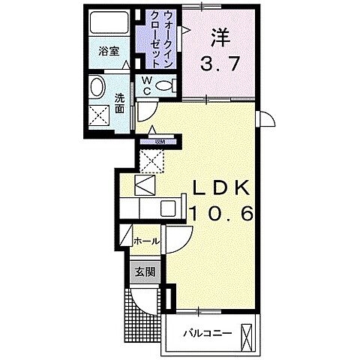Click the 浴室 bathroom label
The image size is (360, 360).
(x=109, y=52)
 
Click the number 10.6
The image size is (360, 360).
(x=222, y=214)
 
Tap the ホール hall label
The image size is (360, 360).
(x=145, y=241)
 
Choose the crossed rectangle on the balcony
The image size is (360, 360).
(x=247, y=334)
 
